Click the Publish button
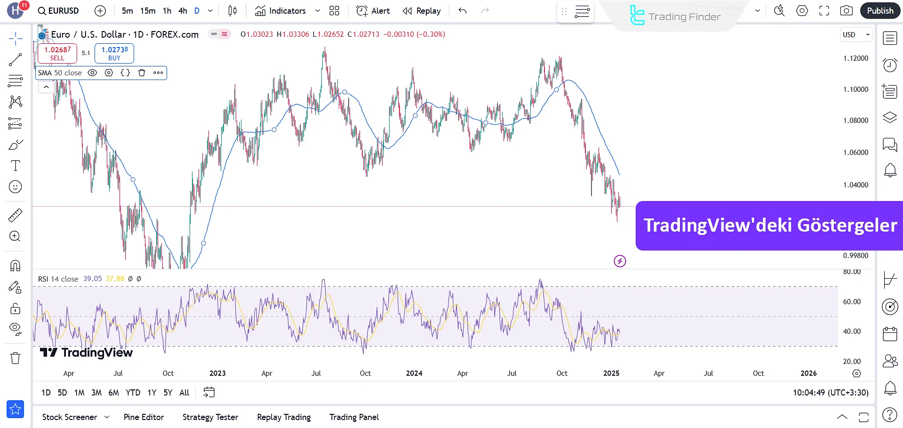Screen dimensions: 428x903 tap(879, 11)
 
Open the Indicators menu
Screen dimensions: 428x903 tap(281, 11)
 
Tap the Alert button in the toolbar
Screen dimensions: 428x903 tap(373, 11)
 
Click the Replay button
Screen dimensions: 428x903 tap(422, 11)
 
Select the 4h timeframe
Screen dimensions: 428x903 tap(183, 11)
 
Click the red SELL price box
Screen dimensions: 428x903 tap(57, 53)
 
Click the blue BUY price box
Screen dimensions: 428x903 tap(114, 53)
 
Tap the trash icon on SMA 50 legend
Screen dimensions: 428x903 tap(142, 73)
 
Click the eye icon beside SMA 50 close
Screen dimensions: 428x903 tap(93, 73)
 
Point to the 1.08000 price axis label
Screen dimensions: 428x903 tap(855, 121)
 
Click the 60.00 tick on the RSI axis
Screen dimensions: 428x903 tap(852, 302)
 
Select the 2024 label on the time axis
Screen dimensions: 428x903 tap(414, 373)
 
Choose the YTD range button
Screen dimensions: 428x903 tap(133, 393)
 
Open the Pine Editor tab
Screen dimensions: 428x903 tap(144, 417)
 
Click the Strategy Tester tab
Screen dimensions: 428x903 tap(210, 417)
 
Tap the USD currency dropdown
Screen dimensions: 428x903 tap(856, 34)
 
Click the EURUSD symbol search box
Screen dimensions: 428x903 tap(58, 11)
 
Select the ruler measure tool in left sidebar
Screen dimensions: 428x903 tap(15, 216)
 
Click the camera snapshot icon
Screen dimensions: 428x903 tap(846, 11)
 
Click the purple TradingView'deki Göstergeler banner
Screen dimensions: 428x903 tap(769, 226)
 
